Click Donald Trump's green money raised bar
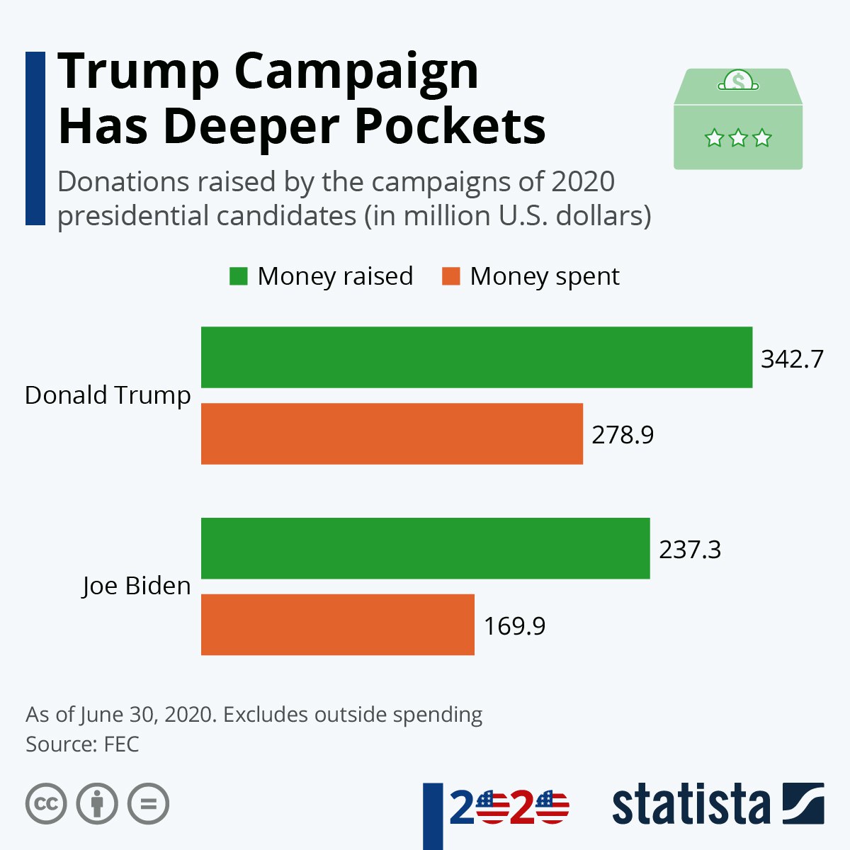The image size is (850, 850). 476,357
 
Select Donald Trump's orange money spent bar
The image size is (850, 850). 392,433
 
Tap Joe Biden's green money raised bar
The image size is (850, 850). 425,548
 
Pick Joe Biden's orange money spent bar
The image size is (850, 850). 337,625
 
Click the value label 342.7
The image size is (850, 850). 792,359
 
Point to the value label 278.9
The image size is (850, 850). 623,434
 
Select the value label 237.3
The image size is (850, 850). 690,550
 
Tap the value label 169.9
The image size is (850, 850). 514,626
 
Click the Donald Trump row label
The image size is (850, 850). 108,395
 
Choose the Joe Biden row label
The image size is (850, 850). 136,586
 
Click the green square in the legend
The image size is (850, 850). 239,276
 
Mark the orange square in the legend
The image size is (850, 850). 451,276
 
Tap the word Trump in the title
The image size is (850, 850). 139,71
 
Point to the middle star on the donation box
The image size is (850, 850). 738,137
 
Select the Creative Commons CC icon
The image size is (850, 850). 46,804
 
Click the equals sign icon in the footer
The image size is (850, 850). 149,804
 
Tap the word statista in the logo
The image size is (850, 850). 691,805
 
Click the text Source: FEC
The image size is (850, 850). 82,744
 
